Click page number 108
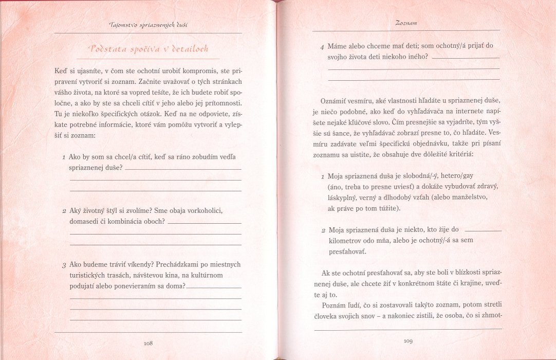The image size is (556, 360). click(x=149, y=343)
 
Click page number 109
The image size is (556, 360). click(x=408, y=340)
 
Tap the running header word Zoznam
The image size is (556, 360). click(x=406, y=23)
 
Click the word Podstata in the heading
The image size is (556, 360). click(x=108, y=49)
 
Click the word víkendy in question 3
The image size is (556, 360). click(x=135, y=264)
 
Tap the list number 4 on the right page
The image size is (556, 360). click(x=322, y=46)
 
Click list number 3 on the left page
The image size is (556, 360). click(x=63, y=265)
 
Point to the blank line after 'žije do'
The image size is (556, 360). click(x=483, y=231)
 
